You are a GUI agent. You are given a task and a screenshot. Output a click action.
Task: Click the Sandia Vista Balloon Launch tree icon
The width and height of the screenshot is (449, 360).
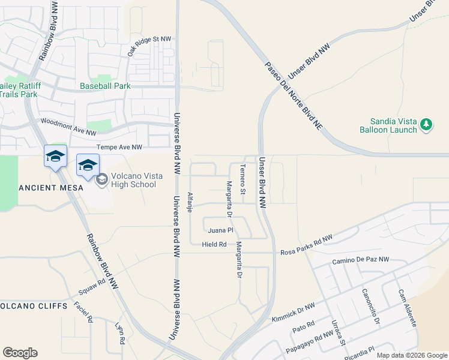tap(426, 125)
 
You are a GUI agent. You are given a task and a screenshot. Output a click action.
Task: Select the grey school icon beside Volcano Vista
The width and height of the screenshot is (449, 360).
tap(101, 179)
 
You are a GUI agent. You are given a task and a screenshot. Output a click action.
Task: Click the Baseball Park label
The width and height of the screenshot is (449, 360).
tap(105, 86)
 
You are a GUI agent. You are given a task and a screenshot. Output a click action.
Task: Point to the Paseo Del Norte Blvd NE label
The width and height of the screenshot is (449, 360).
tap(295, 94)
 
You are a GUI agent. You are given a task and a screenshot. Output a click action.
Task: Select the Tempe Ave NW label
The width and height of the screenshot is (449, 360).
tap(119, 147)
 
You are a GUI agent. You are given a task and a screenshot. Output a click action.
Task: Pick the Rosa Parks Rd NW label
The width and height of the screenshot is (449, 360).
tap(306, 241)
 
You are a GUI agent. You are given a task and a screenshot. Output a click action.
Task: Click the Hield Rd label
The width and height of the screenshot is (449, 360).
tap(214, 244)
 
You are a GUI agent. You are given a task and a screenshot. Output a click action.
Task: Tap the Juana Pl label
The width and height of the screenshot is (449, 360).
tap(220, 230)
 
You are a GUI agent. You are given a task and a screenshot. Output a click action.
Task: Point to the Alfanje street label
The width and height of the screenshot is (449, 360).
tap(190, 202)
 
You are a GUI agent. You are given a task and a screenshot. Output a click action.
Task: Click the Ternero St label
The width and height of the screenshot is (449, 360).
tap(243, 179)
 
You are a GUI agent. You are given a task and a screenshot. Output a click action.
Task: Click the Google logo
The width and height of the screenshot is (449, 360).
tap(20, 353)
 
